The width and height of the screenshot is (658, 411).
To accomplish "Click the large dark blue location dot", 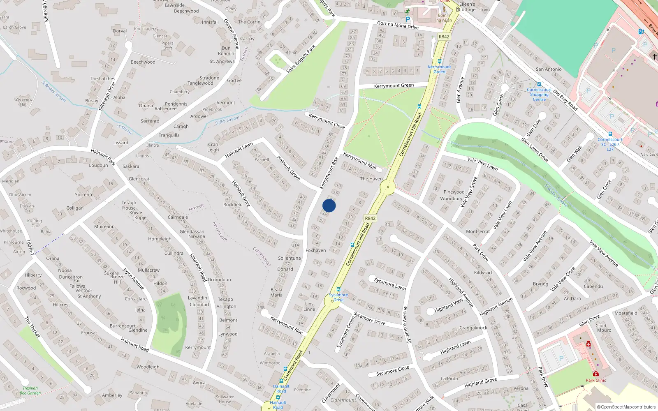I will [x=329, y=205].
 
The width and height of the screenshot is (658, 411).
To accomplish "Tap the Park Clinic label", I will [x=595, y=380].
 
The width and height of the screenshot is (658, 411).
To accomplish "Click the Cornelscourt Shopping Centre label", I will [x=539, y=95].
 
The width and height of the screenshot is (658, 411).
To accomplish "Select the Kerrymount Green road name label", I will [x=394, y=85].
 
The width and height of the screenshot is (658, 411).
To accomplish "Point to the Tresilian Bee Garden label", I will [x=30, y=390].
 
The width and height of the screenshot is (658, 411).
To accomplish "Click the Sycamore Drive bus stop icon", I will [x=338, y=289].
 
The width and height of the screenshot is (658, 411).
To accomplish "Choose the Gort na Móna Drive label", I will [x=398, y=25].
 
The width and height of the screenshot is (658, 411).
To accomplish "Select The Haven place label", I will [x=371, y=179].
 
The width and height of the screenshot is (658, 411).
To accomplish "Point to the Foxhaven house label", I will [x=315, y=250].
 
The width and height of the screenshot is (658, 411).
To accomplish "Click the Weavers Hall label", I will [x=23, y=102].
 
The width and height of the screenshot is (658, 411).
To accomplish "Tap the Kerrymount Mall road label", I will [x=360, y=161].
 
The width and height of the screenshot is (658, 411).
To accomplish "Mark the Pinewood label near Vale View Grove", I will [x=454, y=192].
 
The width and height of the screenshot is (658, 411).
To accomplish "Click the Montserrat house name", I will [x=477, y=231].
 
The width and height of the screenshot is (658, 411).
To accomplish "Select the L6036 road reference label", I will [x=30, y=247].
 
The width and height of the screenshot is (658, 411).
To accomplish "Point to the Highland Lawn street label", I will [x=455, y=347].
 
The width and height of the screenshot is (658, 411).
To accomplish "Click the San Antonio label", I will [x=548, y=69].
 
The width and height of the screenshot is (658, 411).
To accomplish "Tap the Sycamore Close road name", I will [x=393, y=371].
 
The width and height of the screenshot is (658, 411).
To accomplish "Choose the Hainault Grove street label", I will [x=288, y=168].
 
